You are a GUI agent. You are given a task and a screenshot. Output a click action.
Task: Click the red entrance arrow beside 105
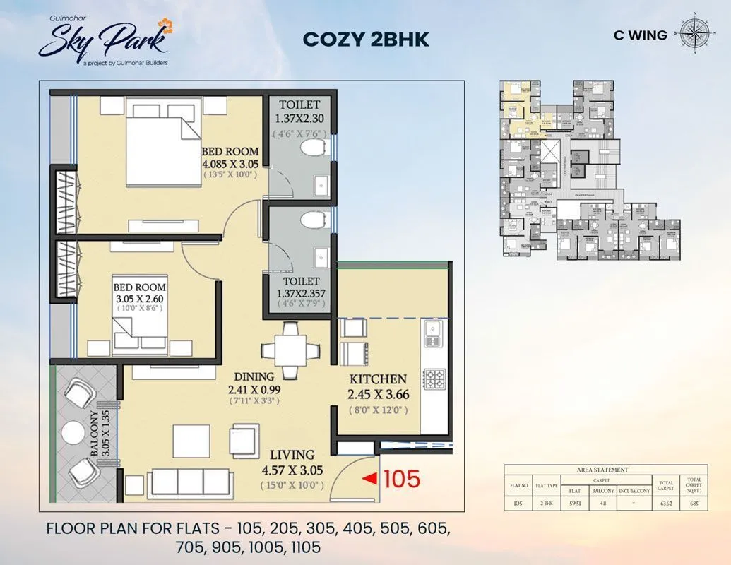coord(369,480)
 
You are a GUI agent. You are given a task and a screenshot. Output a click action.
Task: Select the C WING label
coord(641,35)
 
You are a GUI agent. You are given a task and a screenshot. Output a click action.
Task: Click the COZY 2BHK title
coord(365,39)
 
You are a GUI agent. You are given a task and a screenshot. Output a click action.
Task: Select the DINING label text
coord(254,376)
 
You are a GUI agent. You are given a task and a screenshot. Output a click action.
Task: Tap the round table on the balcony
coord(73,430)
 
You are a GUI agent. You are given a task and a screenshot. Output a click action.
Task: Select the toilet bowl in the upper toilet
coord(310,148)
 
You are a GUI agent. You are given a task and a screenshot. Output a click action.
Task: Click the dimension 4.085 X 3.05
coord(230,163)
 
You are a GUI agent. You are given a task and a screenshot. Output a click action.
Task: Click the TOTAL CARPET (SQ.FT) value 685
coord(693,504)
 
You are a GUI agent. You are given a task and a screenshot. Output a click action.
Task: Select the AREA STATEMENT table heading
coord(602,470)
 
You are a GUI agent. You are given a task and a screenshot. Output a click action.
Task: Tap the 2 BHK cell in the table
coord(546,504)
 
